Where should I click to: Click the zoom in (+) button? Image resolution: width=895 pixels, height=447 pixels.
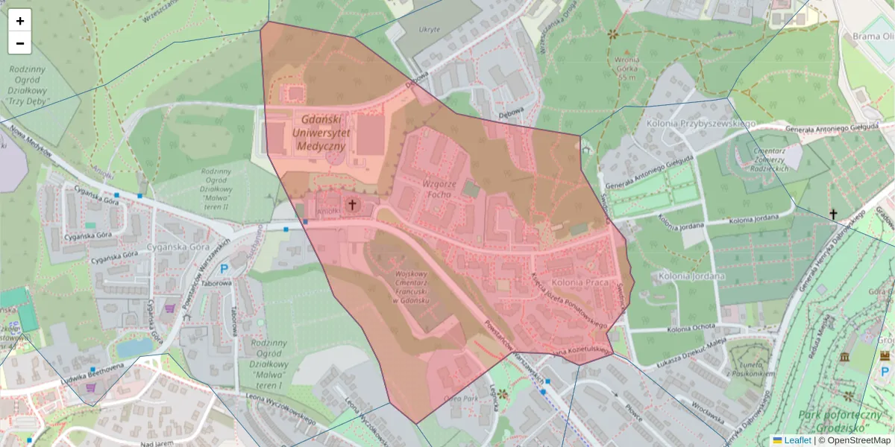click(20, 21)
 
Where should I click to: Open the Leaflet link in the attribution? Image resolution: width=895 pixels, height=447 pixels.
click(797, 440)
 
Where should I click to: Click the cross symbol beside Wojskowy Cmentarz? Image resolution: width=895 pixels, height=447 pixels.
click(352, 203)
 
